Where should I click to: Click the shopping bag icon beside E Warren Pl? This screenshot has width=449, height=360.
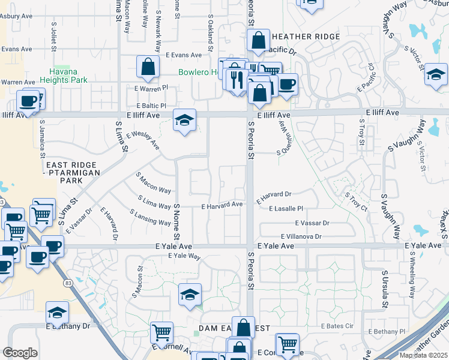point(148,67)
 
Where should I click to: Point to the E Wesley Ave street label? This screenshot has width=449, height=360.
point(142,140)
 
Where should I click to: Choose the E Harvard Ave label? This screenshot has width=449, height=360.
point(222,205)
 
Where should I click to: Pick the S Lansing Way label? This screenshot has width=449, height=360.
point(150,217)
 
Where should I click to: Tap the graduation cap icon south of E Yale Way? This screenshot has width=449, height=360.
point(190,295)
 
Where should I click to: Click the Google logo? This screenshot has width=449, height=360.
point(20,353)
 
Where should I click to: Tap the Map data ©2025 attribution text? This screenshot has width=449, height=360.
point(424,355)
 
